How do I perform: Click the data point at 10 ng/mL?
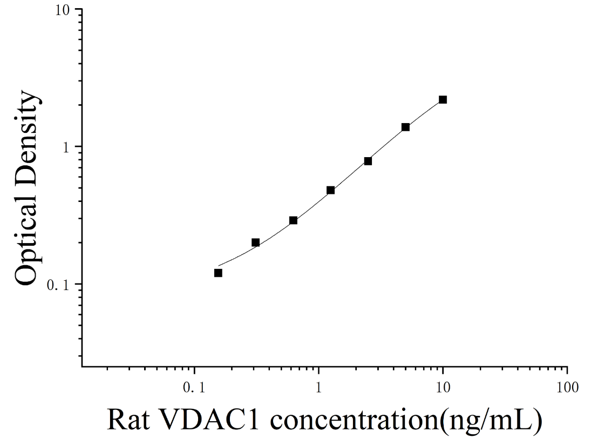[x=443, y=99]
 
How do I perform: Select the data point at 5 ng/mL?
[x=405, y=127]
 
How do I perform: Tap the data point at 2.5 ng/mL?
[x=368, y=161]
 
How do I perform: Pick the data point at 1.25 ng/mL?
[x=330, y=190]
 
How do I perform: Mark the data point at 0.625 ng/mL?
[x=293, y=220]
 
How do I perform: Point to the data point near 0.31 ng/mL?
[x=255, y=242]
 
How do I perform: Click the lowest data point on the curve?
[x=218, y=273]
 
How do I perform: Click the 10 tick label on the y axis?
[x=63, y=10]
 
